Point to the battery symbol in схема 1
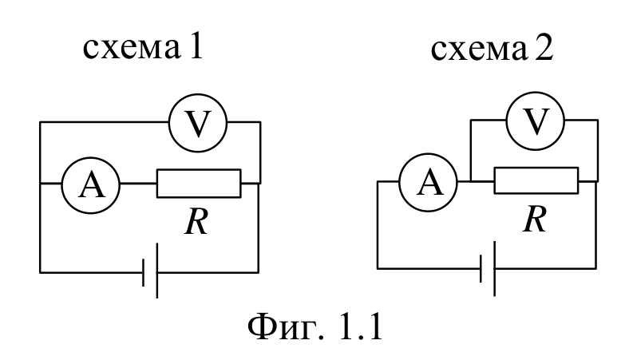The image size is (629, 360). coord(150,271)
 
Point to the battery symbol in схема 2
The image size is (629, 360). coord(488,269)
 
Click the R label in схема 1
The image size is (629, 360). coord(196,222)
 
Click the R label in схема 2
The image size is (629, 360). coord(534,220)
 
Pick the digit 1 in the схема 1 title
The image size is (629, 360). coord(196,47)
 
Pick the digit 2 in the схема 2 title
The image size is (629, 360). coord(544,48)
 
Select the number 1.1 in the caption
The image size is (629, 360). coord(361,327)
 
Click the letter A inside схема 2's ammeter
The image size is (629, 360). coord(430,183)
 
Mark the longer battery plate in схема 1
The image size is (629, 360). coord(156,271)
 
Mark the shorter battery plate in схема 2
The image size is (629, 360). coord(481,269)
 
